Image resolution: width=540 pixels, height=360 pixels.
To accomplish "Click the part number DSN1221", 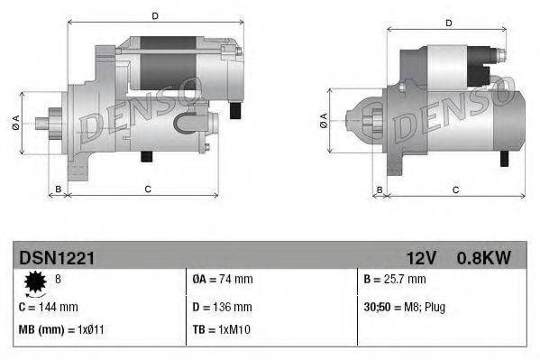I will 57,258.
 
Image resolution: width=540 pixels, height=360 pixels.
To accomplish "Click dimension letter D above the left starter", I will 155,16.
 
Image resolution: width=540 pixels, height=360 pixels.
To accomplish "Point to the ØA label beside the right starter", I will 323,122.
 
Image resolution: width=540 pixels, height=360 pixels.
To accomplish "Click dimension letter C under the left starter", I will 147,189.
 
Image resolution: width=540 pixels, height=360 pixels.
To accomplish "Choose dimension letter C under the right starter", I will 455,189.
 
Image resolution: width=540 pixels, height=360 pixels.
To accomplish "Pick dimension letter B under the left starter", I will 59,189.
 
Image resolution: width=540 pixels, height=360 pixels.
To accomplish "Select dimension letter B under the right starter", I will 380,189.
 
